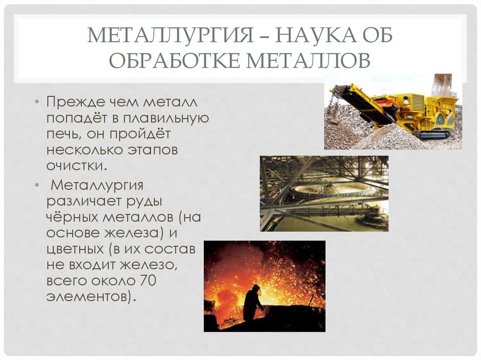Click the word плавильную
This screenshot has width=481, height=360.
pos(170,117)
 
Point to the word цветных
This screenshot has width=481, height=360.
pos(75,249)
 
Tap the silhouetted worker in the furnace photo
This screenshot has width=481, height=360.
pos(252,303)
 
